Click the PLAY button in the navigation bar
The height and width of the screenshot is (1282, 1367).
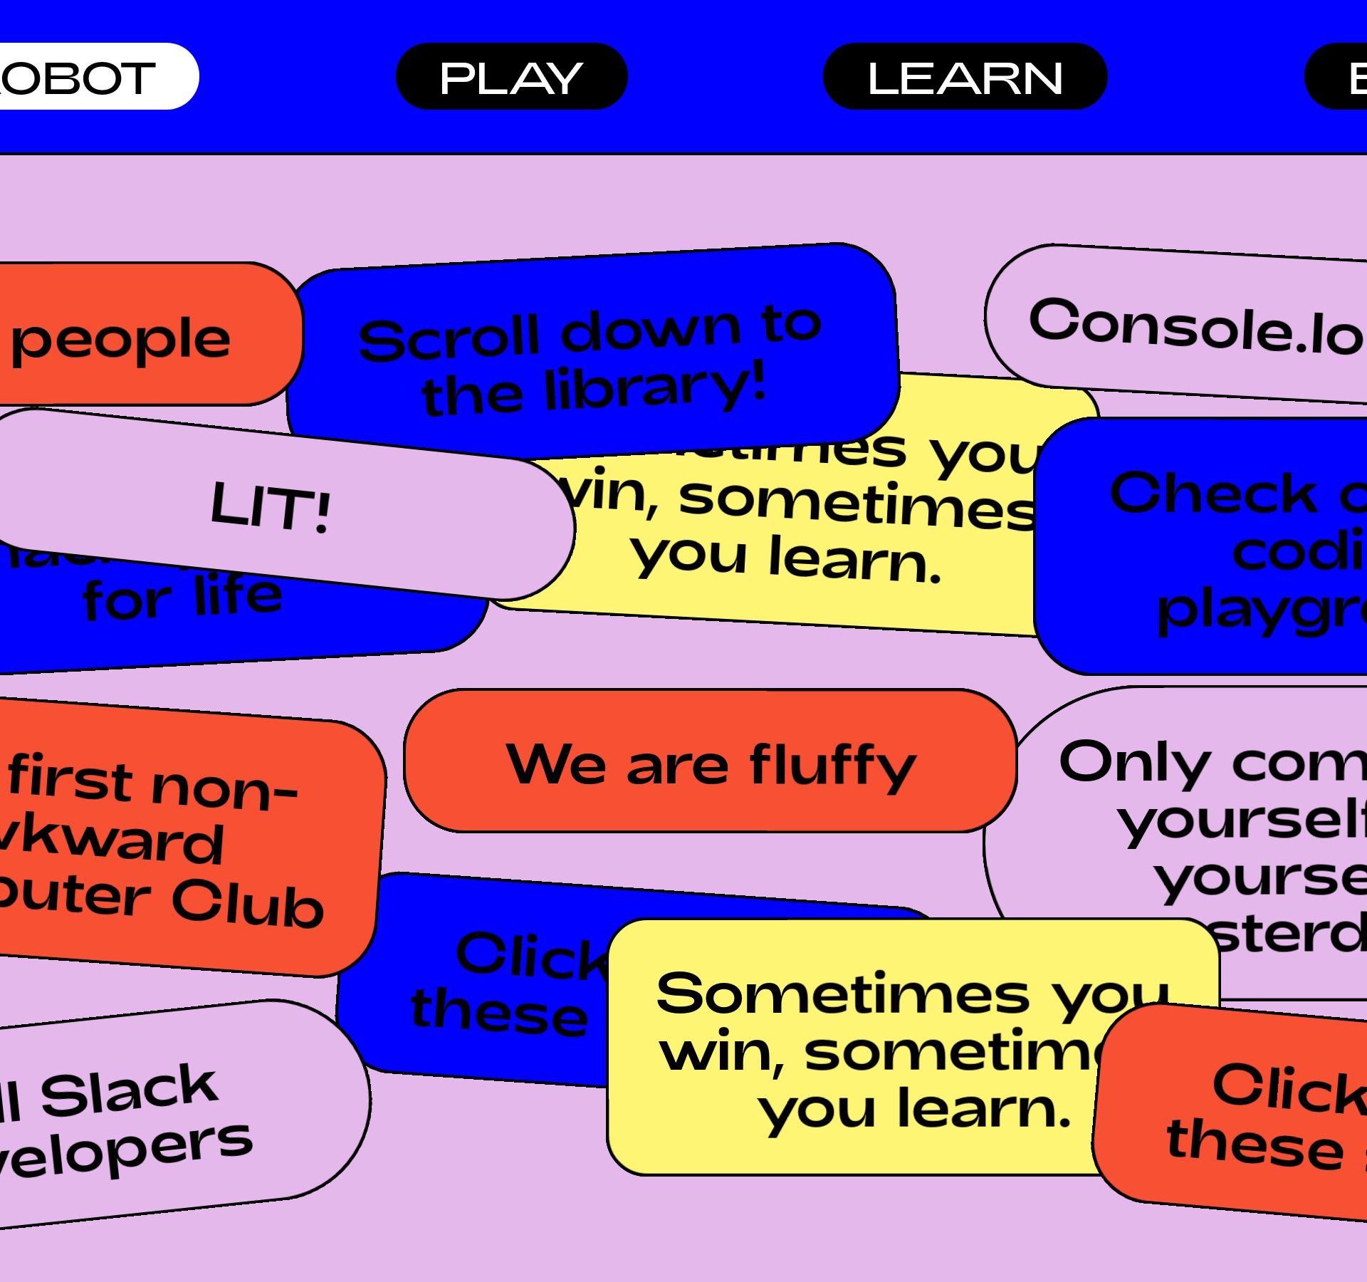pos(511,77)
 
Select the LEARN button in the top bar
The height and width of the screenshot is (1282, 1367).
pos(965,77)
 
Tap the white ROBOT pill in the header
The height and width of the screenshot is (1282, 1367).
pos(85,77)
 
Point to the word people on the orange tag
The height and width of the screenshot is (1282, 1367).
pos(121,340)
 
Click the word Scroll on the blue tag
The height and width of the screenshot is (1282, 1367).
pos(449,338)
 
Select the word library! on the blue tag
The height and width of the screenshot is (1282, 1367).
pos(655,388)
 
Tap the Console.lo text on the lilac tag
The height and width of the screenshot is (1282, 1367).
pos(1196,328)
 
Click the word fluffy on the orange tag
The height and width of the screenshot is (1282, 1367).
pos(833,766)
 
